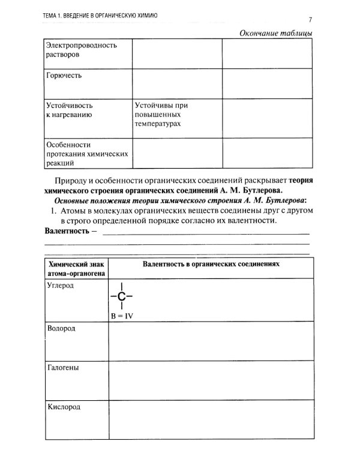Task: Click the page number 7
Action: click(311, 19)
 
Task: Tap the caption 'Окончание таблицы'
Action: click(275, 32)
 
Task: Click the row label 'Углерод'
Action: click(60, 286)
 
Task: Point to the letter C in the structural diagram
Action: click(121, 296)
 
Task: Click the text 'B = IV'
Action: click(122, 316)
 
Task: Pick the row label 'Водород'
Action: click(61, 328)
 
